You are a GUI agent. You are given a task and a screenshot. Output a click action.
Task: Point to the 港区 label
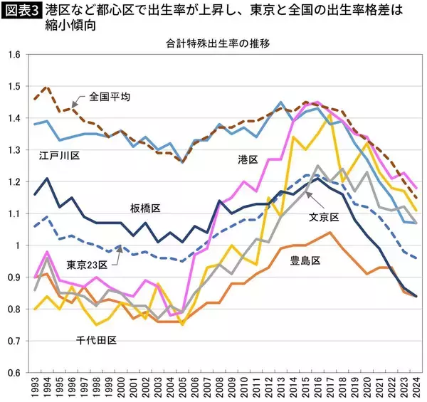point(248,160)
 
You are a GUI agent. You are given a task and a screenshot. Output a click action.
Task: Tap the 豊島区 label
point(304,260)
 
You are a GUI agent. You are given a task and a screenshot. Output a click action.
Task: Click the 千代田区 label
point(96,340)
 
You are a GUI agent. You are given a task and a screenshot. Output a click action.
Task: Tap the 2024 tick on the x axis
point(415,388)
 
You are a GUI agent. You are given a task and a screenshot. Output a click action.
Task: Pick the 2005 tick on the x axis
point(183,388)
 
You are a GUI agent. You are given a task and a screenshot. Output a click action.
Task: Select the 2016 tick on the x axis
point(317,388)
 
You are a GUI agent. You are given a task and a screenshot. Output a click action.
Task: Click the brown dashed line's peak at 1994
point(48,87)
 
